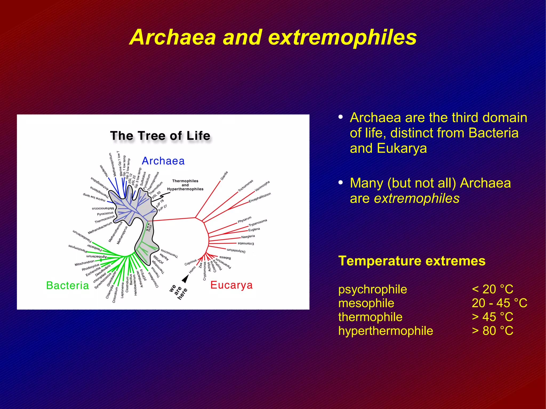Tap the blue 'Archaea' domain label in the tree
[163, 161]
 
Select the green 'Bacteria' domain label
[67, 285]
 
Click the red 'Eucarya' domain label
[231, 285]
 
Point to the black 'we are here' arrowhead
[186, 279]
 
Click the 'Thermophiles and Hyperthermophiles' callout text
[185, 185]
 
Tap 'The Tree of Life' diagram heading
[160, 136]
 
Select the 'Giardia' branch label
[224, 176]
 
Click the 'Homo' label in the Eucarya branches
[192, 269]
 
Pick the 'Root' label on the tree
[150, 228]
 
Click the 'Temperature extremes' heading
[412, 261]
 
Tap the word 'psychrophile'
[372, 289]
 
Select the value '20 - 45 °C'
[499, 303]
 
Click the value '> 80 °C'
[492, 331]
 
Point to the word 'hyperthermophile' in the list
[386, 331]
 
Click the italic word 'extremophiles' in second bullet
[417, 199]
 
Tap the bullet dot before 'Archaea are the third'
[340, 117]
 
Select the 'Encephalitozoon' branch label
[260, 197]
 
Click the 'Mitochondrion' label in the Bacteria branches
[85, 263]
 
